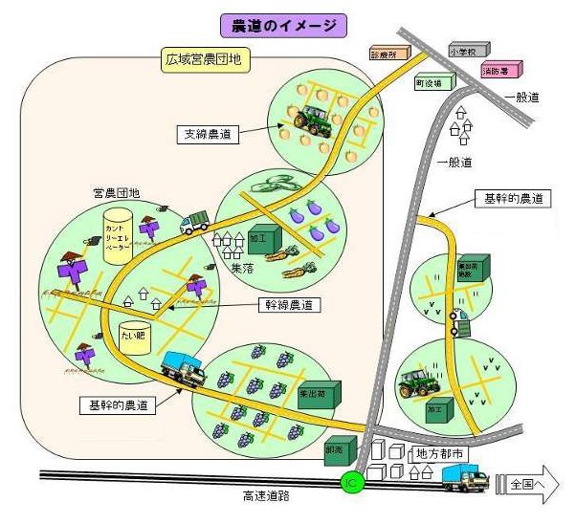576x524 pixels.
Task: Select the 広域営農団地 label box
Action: point(203,61)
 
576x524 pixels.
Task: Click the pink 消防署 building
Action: point(501,70)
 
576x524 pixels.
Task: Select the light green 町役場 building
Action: point(433,83)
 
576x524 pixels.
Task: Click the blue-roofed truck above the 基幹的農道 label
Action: point(184,368)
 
